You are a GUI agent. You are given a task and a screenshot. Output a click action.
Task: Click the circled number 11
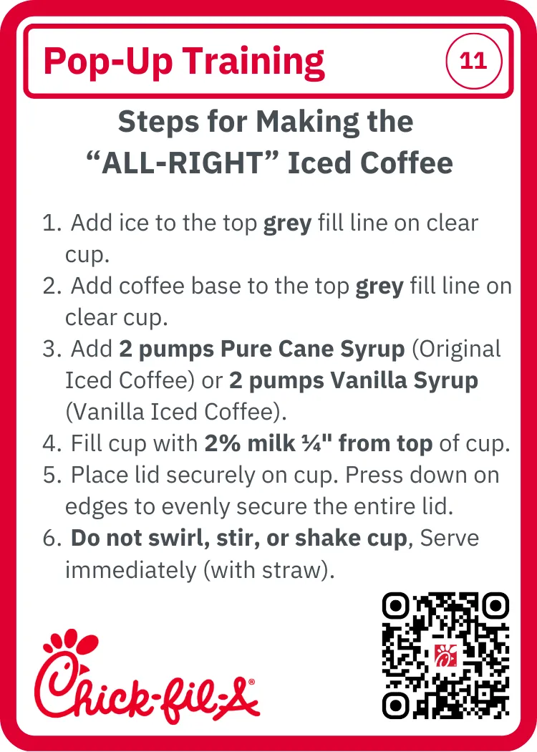pos(473,61)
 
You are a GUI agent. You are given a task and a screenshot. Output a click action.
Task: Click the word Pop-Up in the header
pos(108,62)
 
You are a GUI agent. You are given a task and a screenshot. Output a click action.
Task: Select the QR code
pos(445,655)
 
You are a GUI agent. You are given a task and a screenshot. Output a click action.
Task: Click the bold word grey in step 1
pos(288,224)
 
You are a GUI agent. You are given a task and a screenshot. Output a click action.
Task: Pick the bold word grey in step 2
pos(379,287)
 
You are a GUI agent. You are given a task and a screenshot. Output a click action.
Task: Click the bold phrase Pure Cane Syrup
pos(313,350)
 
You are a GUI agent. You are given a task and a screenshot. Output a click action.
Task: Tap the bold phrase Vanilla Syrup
pos(404,381)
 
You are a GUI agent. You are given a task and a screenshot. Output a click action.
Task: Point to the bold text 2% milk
pos(249,443)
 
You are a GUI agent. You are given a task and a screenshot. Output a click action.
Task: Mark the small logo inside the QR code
pos(445,655)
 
